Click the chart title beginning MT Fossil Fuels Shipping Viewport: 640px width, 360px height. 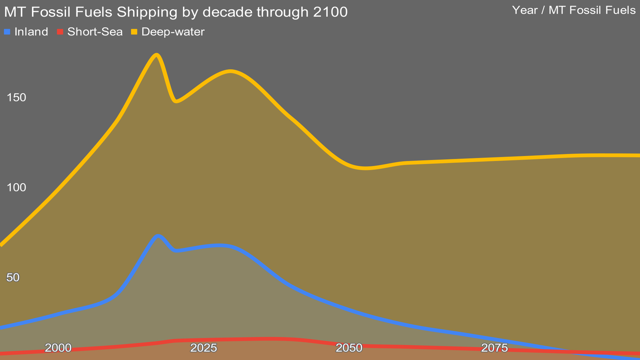click(176, 12)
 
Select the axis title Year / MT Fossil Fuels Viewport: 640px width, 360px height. click(574, 10)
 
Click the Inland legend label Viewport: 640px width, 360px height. click(31, 32)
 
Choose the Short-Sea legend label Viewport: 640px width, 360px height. click(95, 32)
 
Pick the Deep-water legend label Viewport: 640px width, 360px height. click(173, 32)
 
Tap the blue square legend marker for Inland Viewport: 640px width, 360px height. click(7, 32)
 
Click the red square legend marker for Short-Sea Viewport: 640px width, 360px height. click(60, 32)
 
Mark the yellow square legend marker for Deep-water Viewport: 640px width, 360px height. click(134, 32)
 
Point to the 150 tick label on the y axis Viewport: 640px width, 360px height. click(16, 97)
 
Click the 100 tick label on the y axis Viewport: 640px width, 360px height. click(16, 187)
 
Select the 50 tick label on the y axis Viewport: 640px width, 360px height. click(13, 277)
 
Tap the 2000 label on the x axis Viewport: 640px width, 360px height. click(58, 348)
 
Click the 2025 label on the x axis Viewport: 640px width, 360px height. click(204, 348)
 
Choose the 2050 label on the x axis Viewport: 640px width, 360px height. click(349, 348)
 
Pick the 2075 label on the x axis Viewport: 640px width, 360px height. click(494, 348)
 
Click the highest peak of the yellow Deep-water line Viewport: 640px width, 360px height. click(157, 55)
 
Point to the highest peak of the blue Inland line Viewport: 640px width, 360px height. click(158, 236)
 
